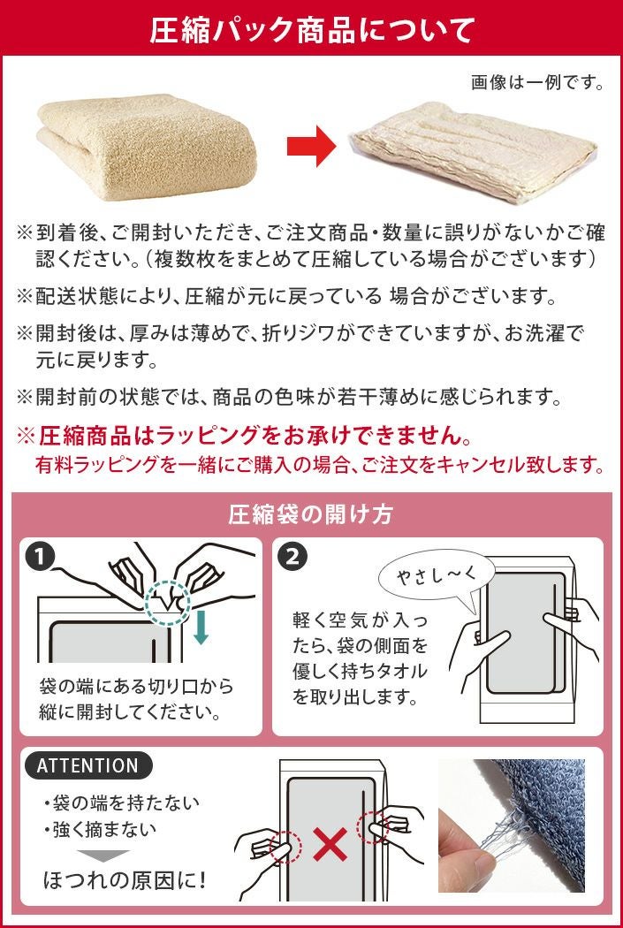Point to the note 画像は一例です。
coord(537,82)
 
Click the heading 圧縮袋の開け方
coord(311,514)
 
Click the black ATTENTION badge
coord(87,765)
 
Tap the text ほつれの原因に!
coord(125,880)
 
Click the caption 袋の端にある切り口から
coord(136,686)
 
